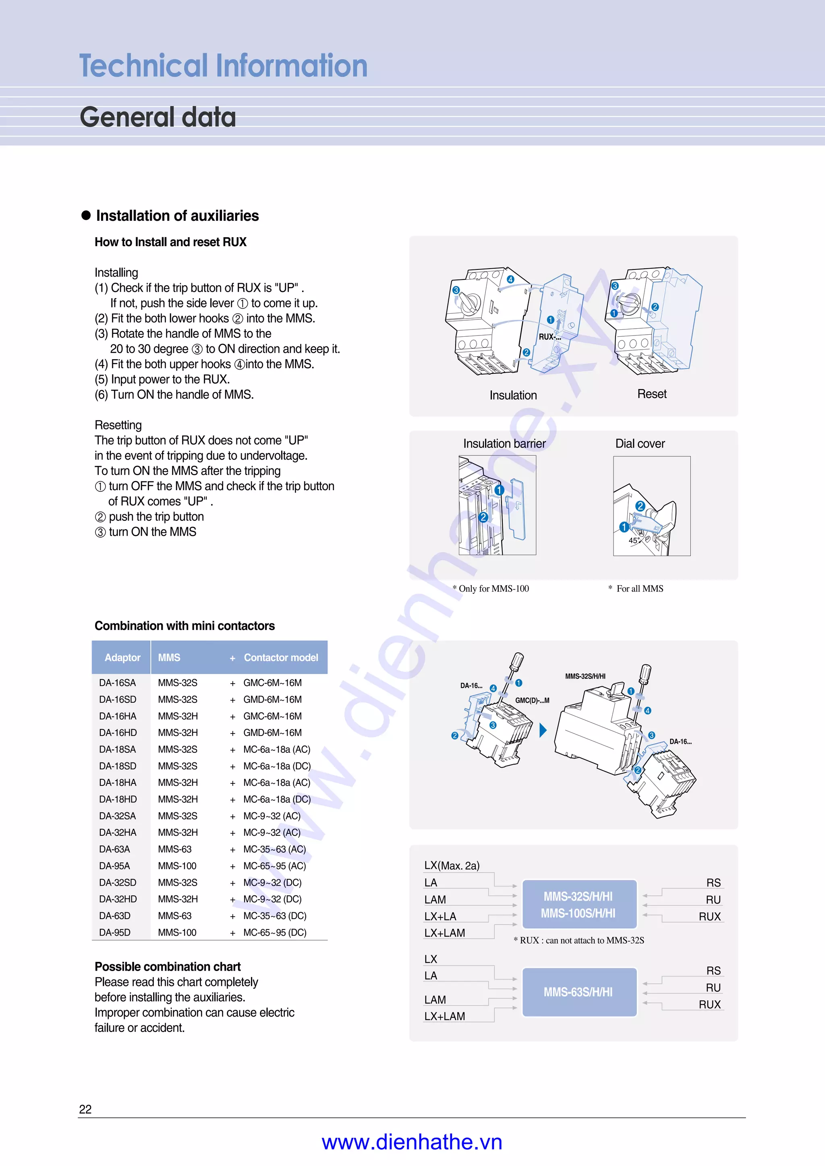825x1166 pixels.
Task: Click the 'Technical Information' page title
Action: click(223, 66)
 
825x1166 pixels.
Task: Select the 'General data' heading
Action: click(158, 117)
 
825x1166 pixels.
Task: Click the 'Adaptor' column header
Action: click(122, 658)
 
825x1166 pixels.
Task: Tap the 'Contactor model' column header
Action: click(280, 658)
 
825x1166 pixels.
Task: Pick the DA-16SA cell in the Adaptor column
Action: click(117, 683)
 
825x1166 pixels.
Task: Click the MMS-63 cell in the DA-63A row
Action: click(174, 849)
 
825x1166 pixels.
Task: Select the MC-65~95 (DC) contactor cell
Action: click(274, 932)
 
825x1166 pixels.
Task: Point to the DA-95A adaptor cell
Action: click(114, 866)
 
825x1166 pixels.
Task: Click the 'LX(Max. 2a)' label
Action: click(452, 866)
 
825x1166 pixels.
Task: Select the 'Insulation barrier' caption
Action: click(504, 443)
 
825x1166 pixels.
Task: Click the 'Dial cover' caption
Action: click(640, 443)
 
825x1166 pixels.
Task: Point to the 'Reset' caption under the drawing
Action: click(652, 394)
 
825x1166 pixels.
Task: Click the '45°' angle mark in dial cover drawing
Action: click(634, 541)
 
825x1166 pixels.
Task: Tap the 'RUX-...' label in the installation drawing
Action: click(549, 337)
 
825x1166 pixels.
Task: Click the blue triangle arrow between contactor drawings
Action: click(543, 730)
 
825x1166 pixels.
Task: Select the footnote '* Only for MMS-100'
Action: click(491, 588)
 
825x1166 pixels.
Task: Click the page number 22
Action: click(85, 1110)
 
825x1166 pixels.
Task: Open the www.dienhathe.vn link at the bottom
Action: click(412, 1142)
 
